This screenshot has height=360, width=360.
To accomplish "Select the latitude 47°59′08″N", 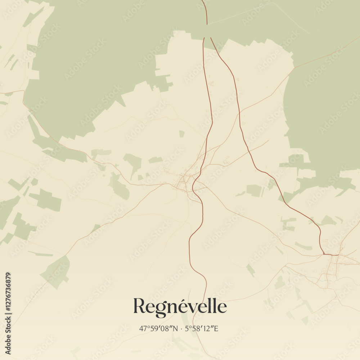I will click(158, 328).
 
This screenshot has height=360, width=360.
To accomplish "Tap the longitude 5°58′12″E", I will click(202, 328).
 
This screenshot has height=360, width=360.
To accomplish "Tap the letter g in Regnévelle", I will click(161, 308).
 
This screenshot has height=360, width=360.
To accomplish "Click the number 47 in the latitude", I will click(143, 328).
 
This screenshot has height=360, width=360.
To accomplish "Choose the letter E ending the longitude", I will click(216, 328).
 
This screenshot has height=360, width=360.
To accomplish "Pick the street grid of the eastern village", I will click(329, 270).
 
